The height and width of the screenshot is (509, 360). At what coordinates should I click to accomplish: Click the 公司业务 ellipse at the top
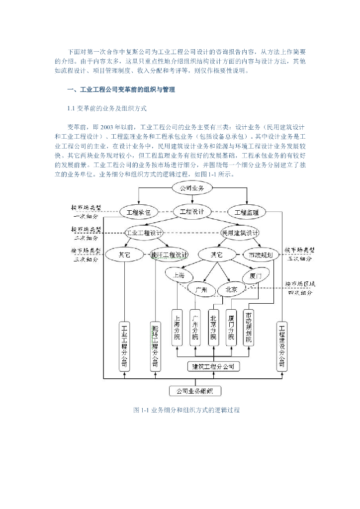pyautogui.click(x=192, y=188)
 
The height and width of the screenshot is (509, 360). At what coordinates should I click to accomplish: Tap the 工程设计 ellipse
pyautogui.click(x=192, y=211)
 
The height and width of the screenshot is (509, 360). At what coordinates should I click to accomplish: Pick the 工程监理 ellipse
pyautogui.click(x=246, y=212)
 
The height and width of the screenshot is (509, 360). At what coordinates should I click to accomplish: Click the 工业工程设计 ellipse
pyautogui.click(x=144, y=233)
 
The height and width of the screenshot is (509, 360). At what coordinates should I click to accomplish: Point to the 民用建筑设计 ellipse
pyautogui.click(x=240, y=233)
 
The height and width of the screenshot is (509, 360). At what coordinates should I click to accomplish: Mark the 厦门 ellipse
pyautogui.click(x=256, y=275)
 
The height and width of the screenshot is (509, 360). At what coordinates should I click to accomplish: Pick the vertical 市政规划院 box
pyautogui.click(x=249, y=328)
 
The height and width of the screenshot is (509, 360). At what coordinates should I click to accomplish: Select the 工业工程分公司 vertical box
pyautogui.click(x=124, y=346)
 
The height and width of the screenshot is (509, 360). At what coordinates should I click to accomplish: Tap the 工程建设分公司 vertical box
pyautogui.click(x=282, y=346)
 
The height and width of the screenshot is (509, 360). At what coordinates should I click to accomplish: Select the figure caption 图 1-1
pyautogui.click(x=186, y=410)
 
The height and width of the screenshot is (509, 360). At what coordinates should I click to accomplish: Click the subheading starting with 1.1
pyautogui.click(x=107, y=108)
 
